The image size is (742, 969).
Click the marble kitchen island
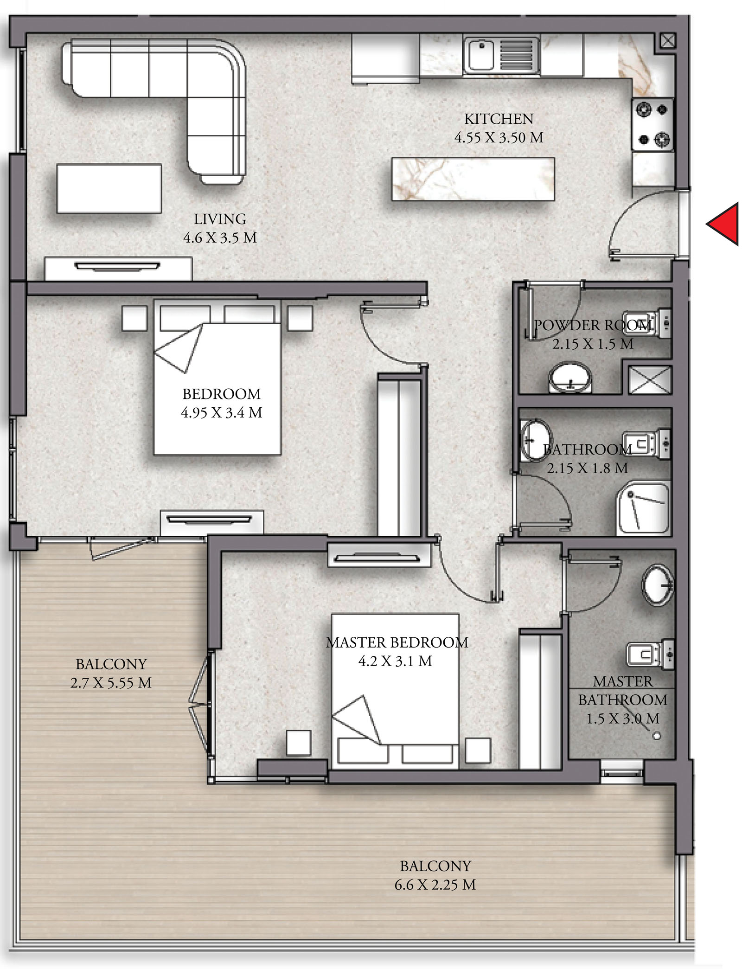[x=473, y=179]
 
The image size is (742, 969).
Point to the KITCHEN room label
[x=499, y=119]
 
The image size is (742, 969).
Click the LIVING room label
[x=220, y=219]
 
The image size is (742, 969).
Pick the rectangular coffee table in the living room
[x=109, y=188]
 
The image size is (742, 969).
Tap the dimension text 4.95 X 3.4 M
[x=222, y=412]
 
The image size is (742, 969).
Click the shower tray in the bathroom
[x=643, y=508]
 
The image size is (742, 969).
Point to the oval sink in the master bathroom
[x=657, y=585]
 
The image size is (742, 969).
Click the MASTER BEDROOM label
[x=397, y=642]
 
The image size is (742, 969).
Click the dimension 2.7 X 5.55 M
[x=111, y=683]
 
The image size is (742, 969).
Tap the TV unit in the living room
[x=118, y=269]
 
